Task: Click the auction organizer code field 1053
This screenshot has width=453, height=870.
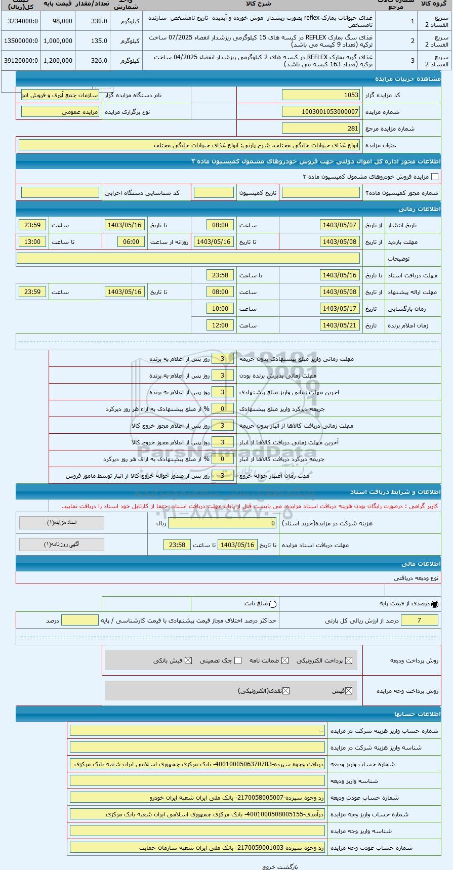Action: point(321,95)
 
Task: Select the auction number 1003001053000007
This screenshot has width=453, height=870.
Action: point(321,112)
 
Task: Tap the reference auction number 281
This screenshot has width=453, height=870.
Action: point(321,129)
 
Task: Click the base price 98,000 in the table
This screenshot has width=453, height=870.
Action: point(58,21)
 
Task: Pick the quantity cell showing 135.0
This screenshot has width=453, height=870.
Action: point(93,41)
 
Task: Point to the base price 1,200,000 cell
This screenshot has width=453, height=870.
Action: point(58,61)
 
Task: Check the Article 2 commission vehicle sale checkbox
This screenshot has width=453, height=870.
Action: point(435,177)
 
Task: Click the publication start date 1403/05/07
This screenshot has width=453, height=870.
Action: point(340,225)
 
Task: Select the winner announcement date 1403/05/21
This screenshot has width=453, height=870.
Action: point(340,325)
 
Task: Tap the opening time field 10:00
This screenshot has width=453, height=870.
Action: point(220,309)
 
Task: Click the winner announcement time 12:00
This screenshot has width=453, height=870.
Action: point(220,325)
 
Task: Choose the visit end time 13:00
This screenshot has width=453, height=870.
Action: point(32,242)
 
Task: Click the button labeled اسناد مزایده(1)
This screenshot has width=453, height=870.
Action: point(62,522)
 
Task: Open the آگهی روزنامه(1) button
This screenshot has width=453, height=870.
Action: point(62,545)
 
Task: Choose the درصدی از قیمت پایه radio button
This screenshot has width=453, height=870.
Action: point(435,604)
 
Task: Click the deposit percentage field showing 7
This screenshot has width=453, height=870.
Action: point(419,620)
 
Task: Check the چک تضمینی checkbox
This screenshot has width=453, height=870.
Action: point(238,660)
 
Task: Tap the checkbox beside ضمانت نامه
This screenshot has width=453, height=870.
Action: point(285,660)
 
